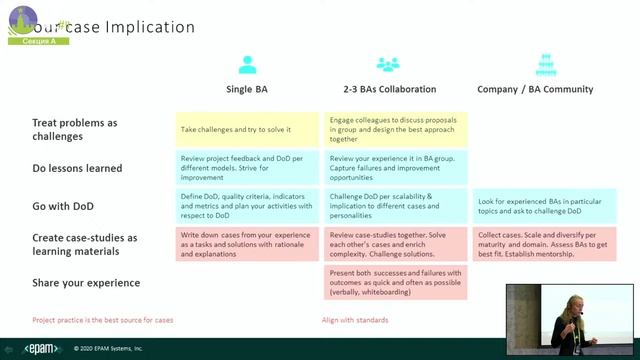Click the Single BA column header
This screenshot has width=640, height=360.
coord(248,89)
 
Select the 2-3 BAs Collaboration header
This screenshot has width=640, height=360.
coord(387,89)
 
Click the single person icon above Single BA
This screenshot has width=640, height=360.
coord(248,65)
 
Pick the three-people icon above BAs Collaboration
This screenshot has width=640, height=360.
coord(387,65)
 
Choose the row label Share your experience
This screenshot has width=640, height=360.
coord(86,283)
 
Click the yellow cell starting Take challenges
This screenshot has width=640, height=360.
coord(247,130)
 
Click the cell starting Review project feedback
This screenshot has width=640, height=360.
coord(247,166)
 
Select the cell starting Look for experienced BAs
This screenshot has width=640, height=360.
coord(544,207)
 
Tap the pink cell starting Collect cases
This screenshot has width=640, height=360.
coord(544,244)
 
